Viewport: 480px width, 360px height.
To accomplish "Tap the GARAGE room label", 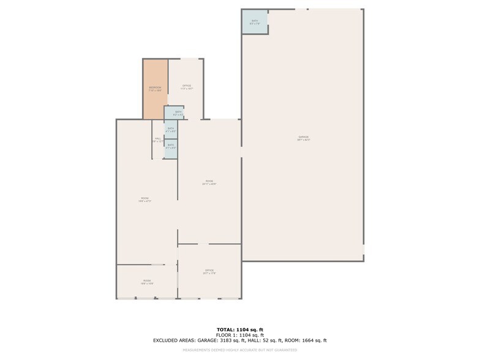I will point(304,138).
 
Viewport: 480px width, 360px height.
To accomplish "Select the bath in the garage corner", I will point(255,22).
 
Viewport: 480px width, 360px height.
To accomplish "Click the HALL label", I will point(157,140).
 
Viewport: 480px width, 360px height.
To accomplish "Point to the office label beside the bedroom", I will point(186,87).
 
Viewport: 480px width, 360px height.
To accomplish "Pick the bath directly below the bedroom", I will point(174,113).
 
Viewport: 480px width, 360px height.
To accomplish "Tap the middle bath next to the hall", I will point(171,129).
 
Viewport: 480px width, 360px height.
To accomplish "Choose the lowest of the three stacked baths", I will point(171,147).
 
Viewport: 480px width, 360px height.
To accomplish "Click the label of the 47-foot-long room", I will point(146,199).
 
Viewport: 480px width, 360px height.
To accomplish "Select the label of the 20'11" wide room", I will point(209,182).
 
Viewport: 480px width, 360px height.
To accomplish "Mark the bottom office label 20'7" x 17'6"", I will point(209,271).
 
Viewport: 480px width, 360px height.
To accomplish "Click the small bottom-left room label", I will point(147,282).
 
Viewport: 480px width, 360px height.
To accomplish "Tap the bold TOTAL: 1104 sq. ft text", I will point(240,329).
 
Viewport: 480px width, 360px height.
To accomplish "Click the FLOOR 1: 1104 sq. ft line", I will point(240,335).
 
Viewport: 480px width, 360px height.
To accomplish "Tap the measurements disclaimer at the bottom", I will point(240,350).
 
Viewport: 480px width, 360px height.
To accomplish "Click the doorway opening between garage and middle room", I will point(241,152).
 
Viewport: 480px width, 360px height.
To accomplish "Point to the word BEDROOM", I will point(155,88).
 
